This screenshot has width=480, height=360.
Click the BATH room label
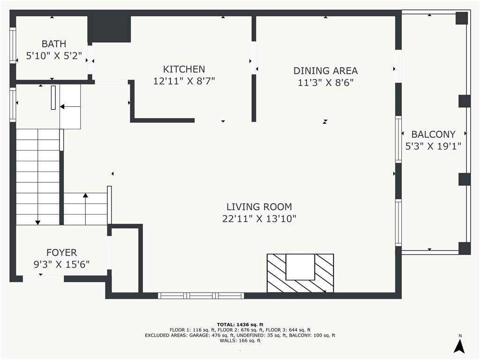(x=54, y=44)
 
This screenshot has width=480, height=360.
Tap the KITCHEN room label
(x=184, y=69)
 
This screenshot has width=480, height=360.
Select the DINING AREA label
(x=325, y=71)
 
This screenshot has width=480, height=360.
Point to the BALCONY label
(x=433, y=135)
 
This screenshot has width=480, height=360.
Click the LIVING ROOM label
(x=259, y=207)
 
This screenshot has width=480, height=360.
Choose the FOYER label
(x=61, y=253)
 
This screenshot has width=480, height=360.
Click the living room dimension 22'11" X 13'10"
(x=259, y=218)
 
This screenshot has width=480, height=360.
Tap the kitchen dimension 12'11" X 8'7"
(x=184, y=81)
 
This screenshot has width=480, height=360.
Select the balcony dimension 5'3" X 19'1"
(x=433, y=146)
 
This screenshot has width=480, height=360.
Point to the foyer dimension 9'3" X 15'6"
(x=61, y=265)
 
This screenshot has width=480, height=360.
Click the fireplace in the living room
(x=300, y=273)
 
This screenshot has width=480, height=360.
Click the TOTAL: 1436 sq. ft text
(x=240, y=324)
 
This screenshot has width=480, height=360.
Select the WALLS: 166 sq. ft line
(x=240, y=341)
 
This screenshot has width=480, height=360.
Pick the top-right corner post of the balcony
(x=462, y=18)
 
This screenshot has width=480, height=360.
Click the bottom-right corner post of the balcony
(x=464, y=248)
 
